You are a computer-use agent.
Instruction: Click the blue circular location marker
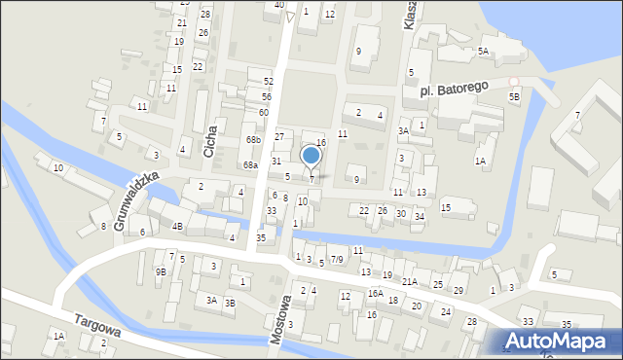click(x=311, y=155)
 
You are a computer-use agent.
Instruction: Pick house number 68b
click(x=253, y=140)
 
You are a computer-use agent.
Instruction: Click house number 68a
click(x=250, y=165)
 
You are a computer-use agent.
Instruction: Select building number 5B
click(x=514, y=97)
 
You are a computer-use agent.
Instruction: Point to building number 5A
click(x=483, y=51)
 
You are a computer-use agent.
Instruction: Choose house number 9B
click(x=161, y=272)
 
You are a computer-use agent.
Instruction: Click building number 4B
click(x=177, y=226)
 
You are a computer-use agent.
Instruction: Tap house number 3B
click(x=230, y=303)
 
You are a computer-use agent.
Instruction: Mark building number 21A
click(x=410, y=281)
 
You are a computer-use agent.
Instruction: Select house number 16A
click(x=375, y=293)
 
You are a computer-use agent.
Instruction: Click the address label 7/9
click(x=337, y=260)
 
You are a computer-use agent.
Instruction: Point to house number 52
click(x=268, y=81)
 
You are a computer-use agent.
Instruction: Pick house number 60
click(x=263, y=113)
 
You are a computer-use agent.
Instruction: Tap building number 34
click(x=419, y=216)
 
